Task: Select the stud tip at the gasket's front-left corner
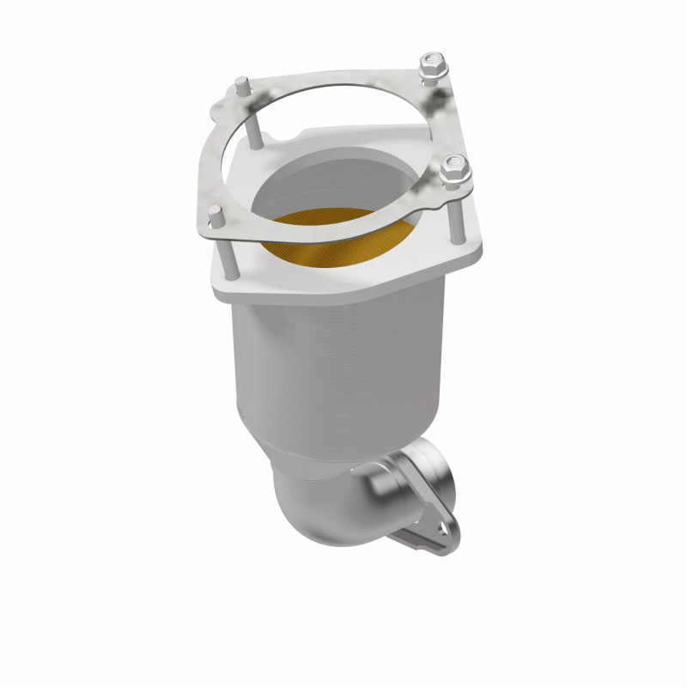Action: point(216,213)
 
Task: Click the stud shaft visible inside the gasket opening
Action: point(255,129)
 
